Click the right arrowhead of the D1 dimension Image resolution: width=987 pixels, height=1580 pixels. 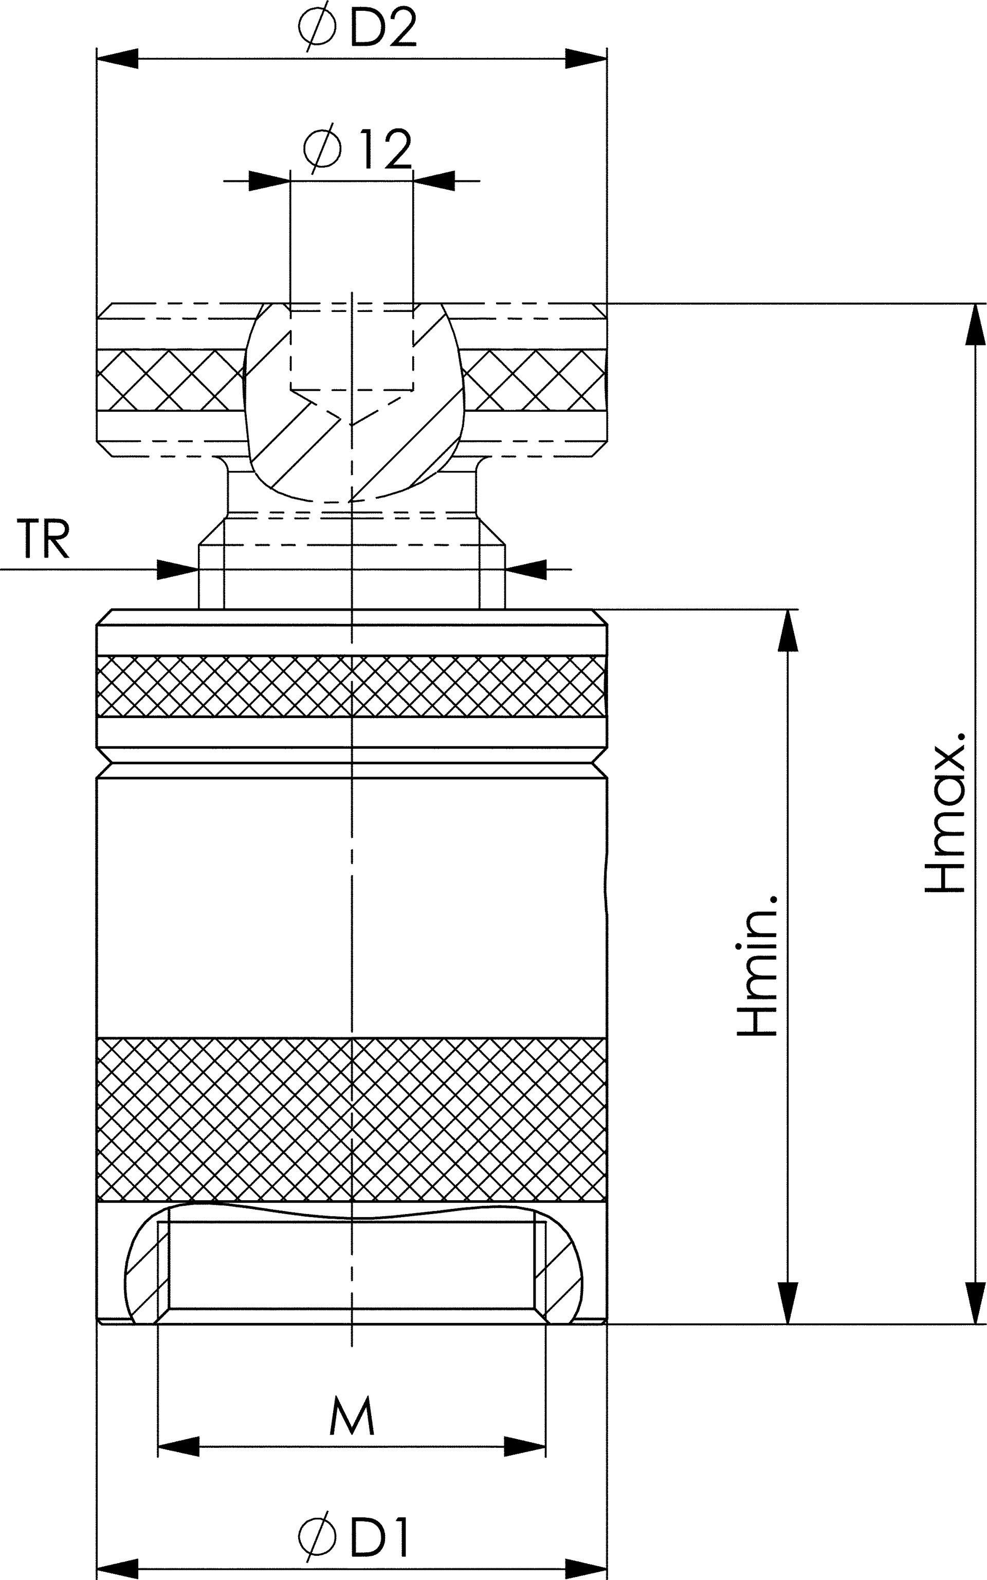586,1569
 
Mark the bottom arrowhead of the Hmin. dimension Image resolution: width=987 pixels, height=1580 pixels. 789,1304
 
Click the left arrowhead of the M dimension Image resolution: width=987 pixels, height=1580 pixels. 178,1447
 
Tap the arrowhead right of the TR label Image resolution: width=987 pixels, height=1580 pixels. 177,569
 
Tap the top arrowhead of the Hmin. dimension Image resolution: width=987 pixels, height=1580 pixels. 789,631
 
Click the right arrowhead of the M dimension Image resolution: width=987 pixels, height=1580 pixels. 525,1447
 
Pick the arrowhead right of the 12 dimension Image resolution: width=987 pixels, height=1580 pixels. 433,181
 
